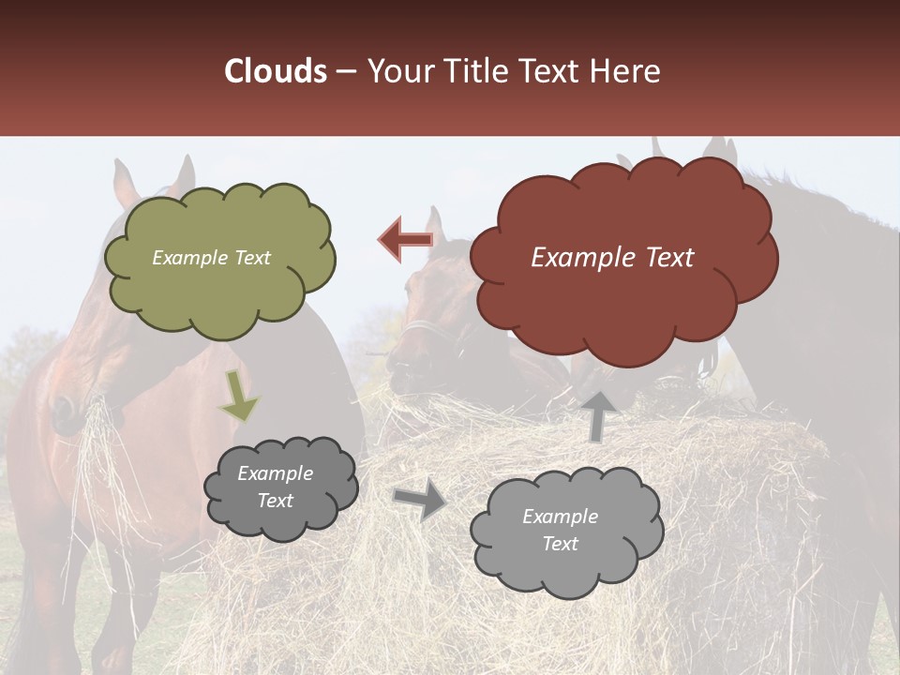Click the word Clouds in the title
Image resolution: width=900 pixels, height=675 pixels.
point(276,71)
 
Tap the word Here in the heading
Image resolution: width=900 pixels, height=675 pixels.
point(625,71)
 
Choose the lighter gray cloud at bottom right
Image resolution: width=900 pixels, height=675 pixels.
point(566,531)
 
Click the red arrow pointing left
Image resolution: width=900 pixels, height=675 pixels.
point(405,239)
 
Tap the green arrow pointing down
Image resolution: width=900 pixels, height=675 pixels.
point(238,394)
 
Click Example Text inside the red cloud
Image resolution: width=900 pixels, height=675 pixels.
point(612,258)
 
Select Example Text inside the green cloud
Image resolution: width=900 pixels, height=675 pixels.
point(211,258)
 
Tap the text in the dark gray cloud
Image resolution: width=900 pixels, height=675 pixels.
point(275,487)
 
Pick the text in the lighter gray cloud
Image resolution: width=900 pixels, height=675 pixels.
point(560,531)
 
